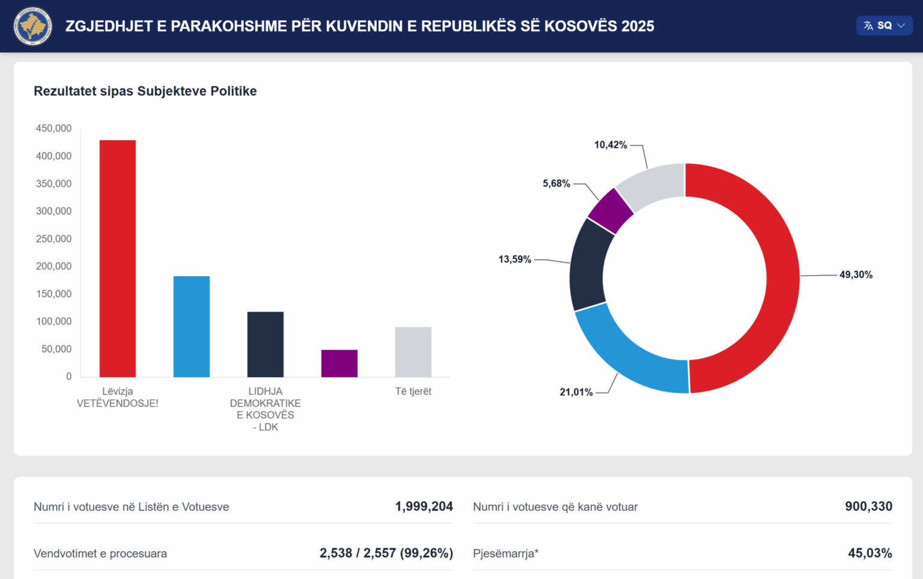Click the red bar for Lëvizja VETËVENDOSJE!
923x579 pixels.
pyautogui.click(x=117, y=258)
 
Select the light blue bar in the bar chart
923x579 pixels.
pyautogui.click(x=191, y=327)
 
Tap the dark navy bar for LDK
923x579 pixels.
pyautogui.click(x=265, y=344)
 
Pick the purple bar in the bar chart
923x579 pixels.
pyautogui.click(x=339, y=363)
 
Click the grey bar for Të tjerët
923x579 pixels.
pyautogui.click(x=413, y=352)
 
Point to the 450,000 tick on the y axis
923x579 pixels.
pyautogui.click(x=53, y=128)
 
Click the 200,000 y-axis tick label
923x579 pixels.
pyautogui.click(x=53, y=266)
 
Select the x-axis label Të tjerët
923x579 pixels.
pyautogui.click(x=413, y=392)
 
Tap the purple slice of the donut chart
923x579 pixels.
pyautogui.click(x=611, y=211)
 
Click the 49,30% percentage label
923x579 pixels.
pyautogui.click(x=856, y=274)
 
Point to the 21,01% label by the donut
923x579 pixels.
pyautogui.click(x=576, y=392)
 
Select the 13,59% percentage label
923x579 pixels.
pyautogui.click(x=514, y=259)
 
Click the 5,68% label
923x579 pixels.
pyautogui.click(x=556, y=183)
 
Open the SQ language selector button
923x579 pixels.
pyautogui.click(x=884, y=25)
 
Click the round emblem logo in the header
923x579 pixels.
pyautogui.click(x=33, y=26)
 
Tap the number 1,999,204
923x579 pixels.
pyautogui.click(x=424, y=506)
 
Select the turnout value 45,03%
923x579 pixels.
pyautogui.click(x=870, y=553)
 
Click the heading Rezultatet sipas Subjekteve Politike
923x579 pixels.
pyautogui.click(x=145, y=91)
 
